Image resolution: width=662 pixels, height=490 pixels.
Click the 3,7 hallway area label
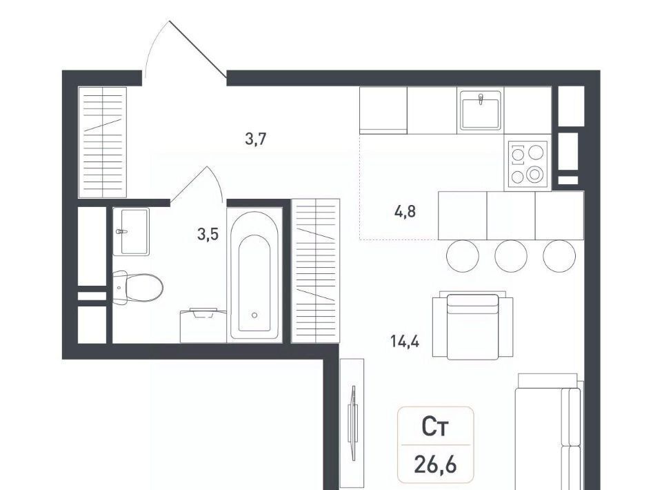click(x=256, y=139)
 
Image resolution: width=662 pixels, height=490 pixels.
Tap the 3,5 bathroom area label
click(x=208, y=233)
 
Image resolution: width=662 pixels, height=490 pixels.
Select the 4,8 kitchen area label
click(x=405, y=211)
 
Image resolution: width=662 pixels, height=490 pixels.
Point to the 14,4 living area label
click(x=405, y=341)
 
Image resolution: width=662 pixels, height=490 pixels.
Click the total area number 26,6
click(x=435, y=465)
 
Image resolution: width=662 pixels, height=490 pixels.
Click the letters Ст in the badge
click(x=435, y=427)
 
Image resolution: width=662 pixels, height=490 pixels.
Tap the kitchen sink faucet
click(x=481, y=99)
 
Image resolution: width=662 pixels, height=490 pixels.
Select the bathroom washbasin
click(x=131, y=231)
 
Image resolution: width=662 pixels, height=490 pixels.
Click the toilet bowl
click(x=138, y=287)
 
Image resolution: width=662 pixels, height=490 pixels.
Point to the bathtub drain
click(x=254, y=315)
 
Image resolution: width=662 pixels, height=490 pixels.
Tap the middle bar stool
click(x=511, y=256)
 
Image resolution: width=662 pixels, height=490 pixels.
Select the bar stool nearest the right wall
click(x=559, y=256)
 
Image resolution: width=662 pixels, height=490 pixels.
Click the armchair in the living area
click(x=472, y=326)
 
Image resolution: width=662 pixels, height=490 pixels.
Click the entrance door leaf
click(x=198, y=50)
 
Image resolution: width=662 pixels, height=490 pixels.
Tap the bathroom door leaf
click(x=189, y=184)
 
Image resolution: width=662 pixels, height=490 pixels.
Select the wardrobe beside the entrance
click(x=103, y=142)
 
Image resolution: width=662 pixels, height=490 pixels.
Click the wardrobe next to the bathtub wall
click(x=316, y=271)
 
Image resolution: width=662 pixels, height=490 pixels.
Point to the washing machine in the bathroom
click(x=203, y=326)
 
